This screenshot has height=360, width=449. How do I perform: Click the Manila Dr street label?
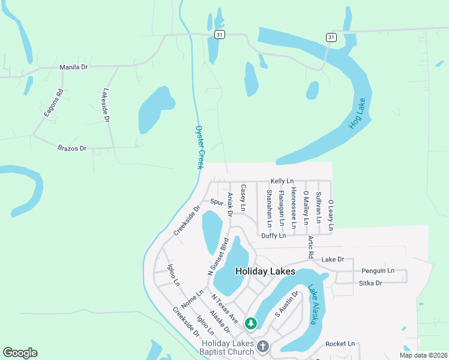(x=73, y=67)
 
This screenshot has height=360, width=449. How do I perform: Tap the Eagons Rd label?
(x=53, y=103)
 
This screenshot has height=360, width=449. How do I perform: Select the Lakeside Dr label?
(x=106, y=106)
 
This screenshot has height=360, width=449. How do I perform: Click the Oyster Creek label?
(x=200, y=147)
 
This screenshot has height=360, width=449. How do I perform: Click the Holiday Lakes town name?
(x=265, y=271)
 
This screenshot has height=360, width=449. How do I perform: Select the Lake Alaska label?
(x=313, y=304)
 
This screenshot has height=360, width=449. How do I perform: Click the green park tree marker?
(x=251, y=324)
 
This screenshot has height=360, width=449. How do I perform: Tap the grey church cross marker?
(x=263, y=346)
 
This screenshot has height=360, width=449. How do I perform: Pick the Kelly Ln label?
(x=282, y=181)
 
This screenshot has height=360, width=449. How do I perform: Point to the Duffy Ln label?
(x=273, y=236)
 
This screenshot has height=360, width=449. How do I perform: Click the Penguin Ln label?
(x=378, y=271)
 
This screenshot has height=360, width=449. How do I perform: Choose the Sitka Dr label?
(x=370, y=283)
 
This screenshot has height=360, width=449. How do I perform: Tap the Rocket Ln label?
(x=340, y=344)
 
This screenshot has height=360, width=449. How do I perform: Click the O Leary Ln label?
(x=331, y=214)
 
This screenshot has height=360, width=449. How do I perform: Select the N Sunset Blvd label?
(x=218, y=256)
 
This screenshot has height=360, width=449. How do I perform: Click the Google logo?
(x=20, y=353)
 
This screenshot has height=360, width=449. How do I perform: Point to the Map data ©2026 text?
(x=423, y=355)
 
